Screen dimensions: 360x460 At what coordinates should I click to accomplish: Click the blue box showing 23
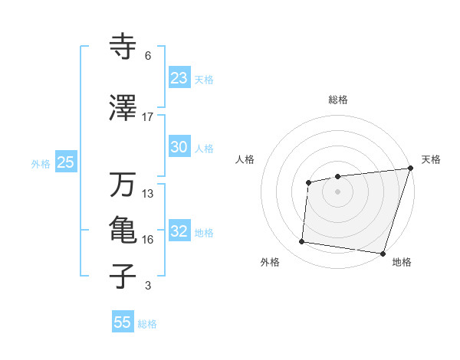[179, 78]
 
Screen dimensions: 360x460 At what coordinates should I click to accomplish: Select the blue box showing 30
[179, 147]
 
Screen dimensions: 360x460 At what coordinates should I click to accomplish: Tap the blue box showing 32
[179, 231]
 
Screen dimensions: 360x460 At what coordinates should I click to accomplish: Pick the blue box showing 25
[65, 162]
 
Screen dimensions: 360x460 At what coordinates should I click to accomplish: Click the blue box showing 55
[123, 322]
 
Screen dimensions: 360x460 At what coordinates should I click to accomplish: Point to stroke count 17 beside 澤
[148, 117]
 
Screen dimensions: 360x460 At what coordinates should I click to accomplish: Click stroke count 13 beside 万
[148, 194]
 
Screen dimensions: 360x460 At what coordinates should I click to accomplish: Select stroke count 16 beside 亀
[148, 240]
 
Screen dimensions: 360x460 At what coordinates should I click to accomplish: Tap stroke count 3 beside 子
[148, 286]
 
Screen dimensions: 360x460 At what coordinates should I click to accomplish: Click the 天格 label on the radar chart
[431, 159]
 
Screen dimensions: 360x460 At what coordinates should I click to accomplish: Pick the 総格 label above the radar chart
[338, 100]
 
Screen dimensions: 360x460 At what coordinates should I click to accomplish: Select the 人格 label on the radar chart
[245, 159]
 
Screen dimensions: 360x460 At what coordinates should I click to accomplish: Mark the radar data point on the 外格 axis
[302, 242]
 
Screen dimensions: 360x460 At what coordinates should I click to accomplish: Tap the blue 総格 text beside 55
[147, 324]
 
